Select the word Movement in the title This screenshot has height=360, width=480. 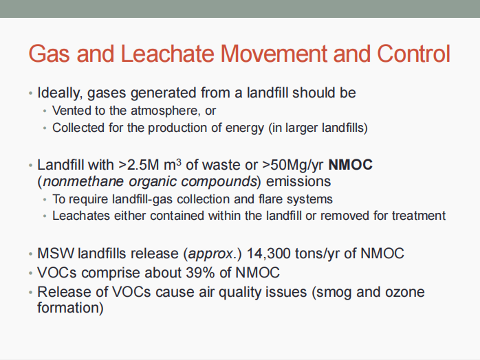point(274,54)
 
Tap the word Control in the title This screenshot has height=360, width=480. point(413,54)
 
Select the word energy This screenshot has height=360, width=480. point(245,128)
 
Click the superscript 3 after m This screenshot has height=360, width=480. point(179,161)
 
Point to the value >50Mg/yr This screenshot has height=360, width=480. point(293,166)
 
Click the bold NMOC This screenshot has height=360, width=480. point(350,165)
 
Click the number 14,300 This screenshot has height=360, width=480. point(268,254)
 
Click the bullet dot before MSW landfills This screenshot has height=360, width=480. point(30,254)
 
